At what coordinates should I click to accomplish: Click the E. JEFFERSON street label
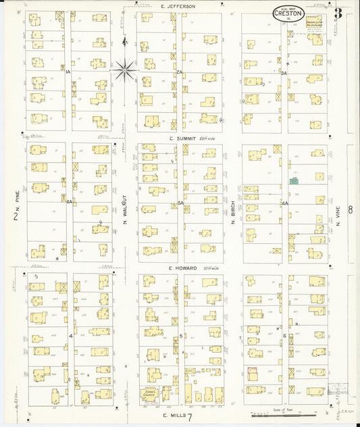[178, 6]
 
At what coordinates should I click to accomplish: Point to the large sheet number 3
[337, 12]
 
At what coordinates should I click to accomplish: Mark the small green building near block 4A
[294, 181]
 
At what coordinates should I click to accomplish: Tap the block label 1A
[68, 71]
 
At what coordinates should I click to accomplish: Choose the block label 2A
[179, 71]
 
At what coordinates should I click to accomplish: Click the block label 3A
[285, 72]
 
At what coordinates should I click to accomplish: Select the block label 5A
[180, 203]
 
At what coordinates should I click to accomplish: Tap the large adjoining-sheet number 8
[350, 210]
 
